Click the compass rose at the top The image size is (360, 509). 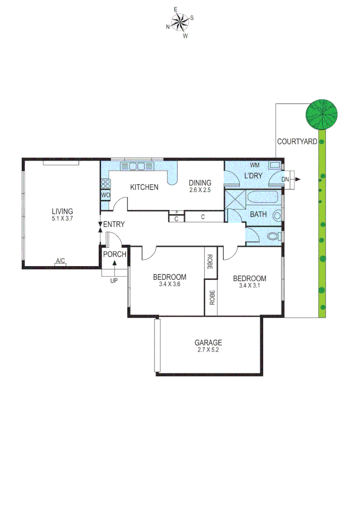(180, 22)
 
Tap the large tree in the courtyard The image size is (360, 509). (322, 115)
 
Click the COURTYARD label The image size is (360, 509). (296, 141)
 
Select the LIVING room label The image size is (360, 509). (62, 211)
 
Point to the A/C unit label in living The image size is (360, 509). (60, 261)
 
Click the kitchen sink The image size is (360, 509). (137, 166)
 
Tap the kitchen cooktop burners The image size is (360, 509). (105, 184)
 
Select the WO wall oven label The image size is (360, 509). (105, 195)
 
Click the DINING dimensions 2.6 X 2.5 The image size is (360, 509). (200, 190)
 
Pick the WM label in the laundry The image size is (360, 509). (255, 165)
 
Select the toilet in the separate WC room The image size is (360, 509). (273, 236)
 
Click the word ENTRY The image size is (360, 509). (114, 225)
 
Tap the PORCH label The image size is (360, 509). (115, 254)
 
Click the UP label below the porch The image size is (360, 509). (114, 281)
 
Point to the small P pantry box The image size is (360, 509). (176, 213)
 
